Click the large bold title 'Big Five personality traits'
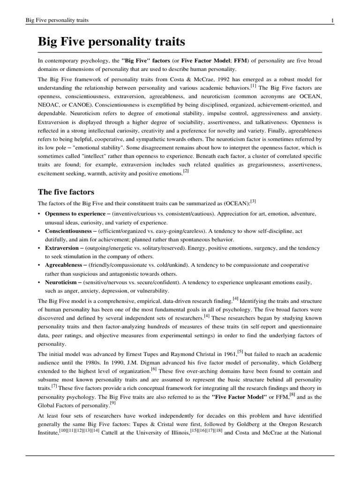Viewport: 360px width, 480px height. [x=112, y=42]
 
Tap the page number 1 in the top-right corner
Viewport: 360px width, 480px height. [x=332, y=20]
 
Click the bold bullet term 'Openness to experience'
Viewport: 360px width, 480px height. [x=75, y=214]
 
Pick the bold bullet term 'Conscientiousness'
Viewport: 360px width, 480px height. [x=68, y=231]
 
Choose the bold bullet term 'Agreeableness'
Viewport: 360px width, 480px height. [x=64, y=265]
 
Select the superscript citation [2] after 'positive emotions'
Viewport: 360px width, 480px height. [x=186, y=172]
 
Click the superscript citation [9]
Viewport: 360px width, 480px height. [x=112, y=404]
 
